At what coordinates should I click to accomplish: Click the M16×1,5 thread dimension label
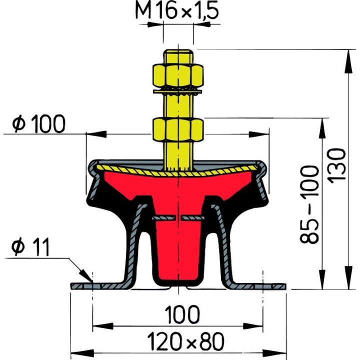[178, 11]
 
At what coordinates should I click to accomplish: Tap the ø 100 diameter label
[39, 123]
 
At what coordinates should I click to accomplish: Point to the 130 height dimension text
[338, 165]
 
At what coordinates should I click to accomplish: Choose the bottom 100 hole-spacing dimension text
[178, 314]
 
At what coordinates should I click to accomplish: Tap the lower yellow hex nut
[177, 128]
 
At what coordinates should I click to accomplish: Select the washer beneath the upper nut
[177, 91]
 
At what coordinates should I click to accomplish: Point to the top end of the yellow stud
[177, 50]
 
